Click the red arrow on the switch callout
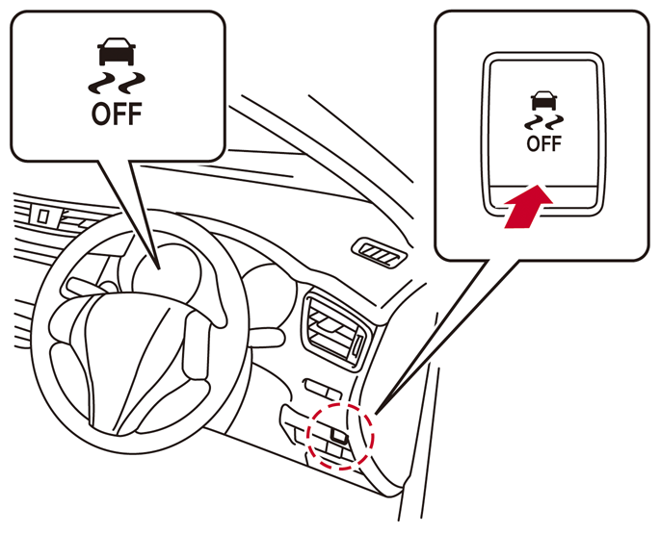(528, 207)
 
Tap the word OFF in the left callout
(117, 114)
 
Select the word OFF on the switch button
(543, 143)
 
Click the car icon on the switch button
(543, 100)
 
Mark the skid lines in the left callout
(117, 84)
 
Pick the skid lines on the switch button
(543, 122)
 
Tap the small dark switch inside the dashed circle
(339, 436)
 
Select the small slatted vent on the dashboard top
(380, 253)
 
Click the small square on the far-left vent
(42, 216)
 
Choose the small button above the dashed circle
(323, 389)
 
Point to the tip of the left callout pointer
(159, 269)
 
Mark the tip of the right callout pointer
(376, 414)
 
